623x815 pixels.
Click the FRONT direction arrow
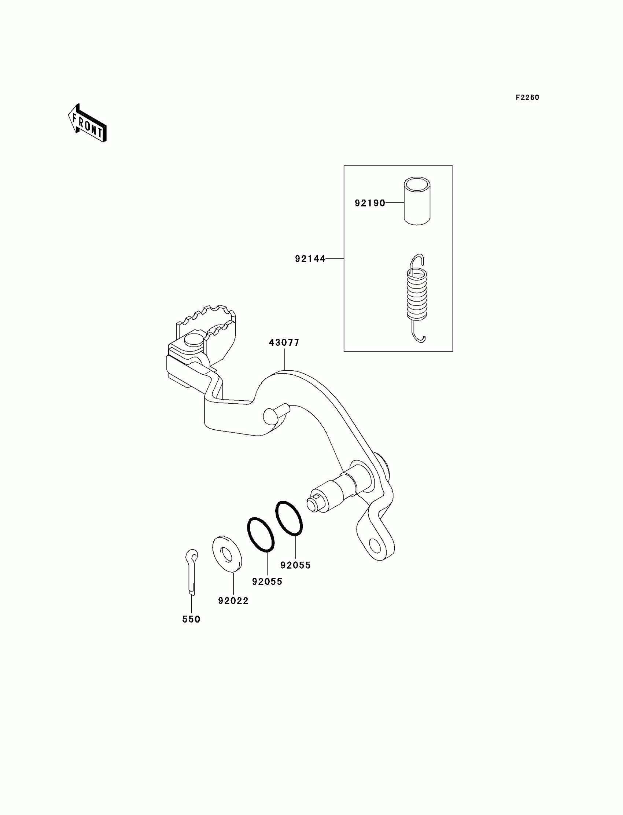pyautogui.click(x=88, y=123)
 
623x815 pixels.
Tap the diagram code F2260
pyautogui.click(x=527, y=98)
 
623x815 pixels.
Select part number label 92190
pyautogui.click(x=370, y=203)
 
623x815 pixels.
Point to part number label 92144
pyautogui.click(x=310, y=259)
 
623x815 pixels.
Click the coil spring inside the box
pyautogui.click(x=417, y=293)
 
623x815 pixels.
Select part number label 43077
pyautogui.click(x=284, y=343)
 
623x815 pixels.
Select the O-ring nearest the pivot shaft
pyautogui.click(x=289, y=518)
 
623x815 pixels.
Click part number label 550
pyautogui.click(x=191, y=620)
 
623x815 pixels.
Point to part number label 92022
pyautogui.click(x=233, y=601)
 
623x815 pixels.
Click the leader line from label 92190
pyautogui.click(x=395, y=203)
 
